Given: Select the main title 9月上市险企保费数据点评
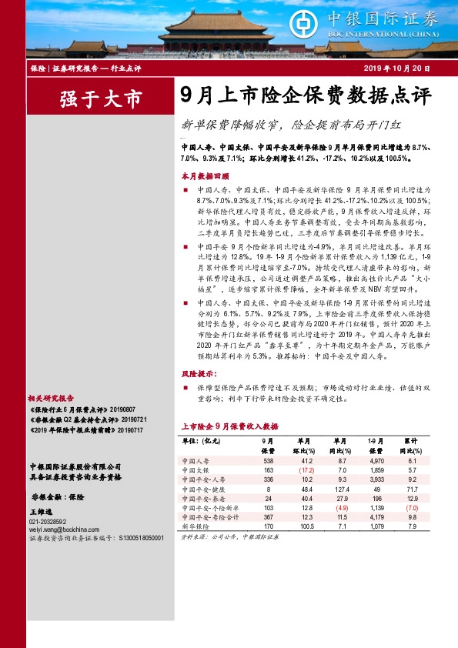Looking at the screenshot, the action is click(x=306, y=95).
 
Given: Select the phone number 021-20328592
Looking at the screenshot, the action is click(x=48, y=520).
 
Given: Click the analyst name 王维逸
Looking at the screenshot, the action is click(x=39, y=511).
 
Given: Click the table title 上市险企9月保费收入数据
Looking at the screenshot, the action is click(x=229, y=425).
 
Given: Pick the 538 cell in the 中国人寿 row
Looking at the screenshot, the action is click(x=269, y=459).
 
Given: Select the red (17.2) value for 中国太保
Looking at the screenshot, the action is click(x=307, y=469).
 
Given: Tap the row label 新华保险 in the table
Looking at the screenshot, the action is click(x=196, y=527).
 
